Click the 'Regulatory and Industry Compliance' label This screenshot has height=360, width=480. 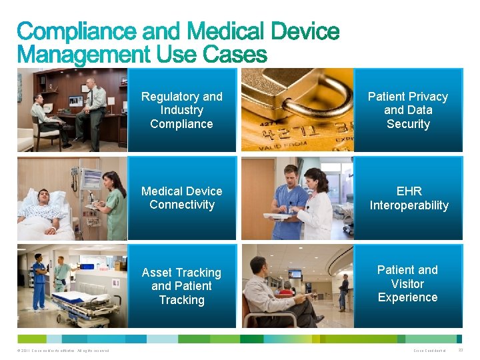click(x=181, y=110)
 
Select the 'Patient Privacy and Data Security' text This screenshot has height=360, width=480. click(x=407, y=110)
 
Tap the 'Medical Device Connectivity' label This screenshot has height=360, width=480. click(x=181, y=198)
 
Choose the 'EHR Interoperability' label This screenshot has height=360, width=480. click(x=409, y=198)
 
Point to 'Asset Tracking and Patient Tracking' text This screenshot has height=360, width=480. click(x=181, y=286)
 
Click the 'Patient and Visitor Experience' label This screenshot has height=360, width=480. click(x=407, y=283)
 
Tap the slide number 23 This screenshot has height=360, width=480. click(x=461, y=350)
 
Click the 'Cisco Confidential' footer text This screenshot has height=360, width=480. click(x=429, y=351)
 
